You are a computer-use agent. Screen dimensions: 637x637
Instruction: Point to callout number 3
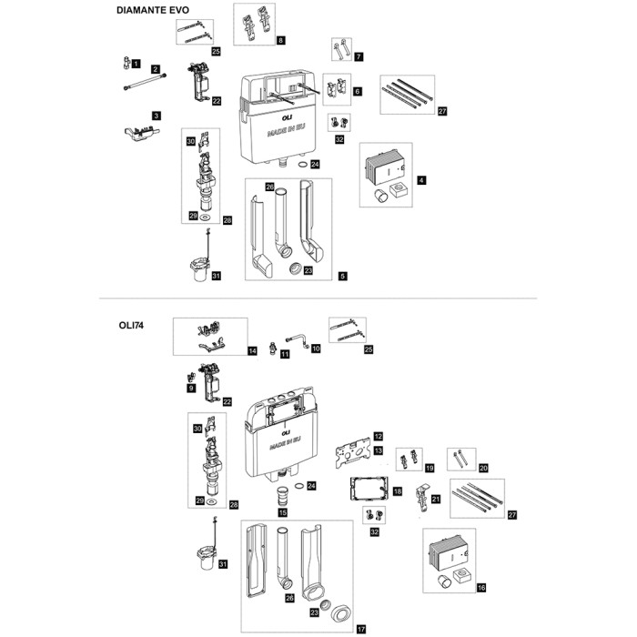pos(157,116)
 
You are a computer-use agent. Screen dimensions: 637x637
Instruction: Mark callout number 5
pos(341,274)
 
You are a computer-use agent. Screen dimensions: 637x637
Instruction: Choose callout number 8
pos(281,41)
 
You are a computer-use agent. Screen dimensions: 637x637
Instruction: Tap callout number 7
pos(359,57)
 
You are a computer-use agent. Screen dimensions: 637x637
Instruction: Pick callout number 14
pos(253,350)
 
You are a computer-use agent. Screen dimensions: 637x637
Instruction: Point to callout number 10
pos(317,349)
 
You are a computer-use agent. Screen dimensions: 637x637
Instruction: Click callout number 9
pos(192,388)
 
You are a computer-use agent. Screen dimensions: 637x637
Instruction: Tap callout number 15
pos(282,513)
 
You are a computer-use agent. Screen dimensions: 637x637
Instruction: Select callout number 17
pos(361,629)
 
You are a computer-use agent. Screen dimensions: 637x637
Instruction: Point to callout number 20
pos(484,467)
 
